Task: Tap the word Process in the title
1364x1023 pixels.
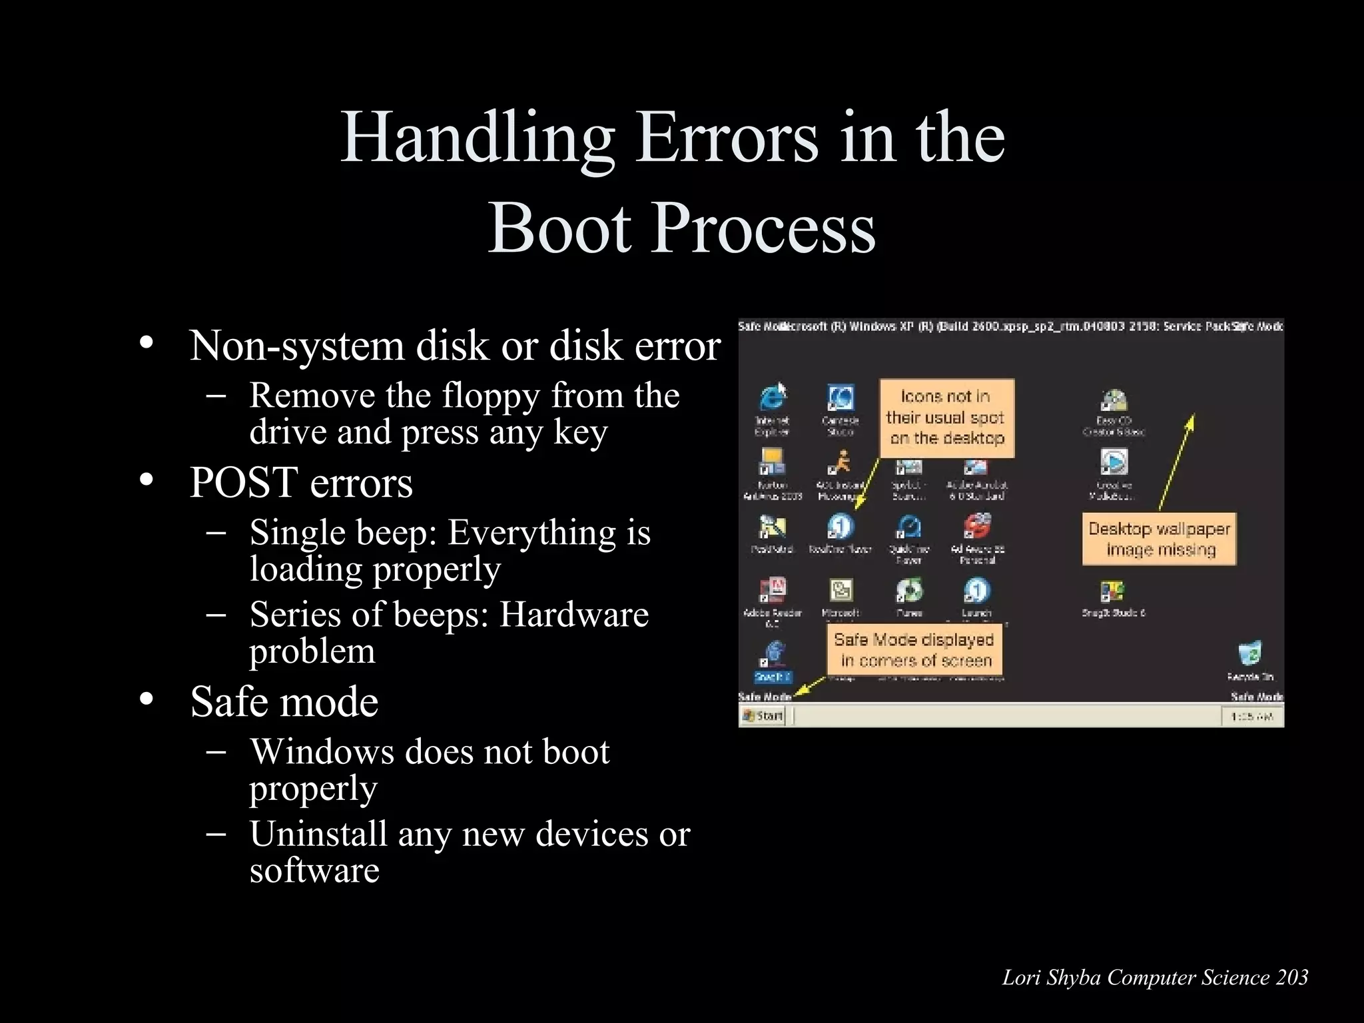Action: pos(766,228)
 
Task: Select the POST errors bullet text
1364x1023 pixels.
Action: pos(301,482)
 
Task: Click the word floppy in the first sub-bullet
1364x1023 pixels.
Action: pos(491,396)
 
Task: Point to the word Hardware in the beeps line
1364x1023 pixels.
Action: pos(573,614)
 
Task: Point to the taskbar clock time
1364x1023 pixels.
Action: pos(1252,717)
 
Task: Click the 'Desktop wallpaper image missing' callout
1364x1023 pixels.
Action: pos(1159,539)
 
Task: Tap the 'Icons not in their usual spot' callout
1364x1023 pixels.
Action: pos(946,418)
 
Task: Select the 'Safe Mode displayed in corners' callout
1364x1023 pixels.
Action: pos(914,650)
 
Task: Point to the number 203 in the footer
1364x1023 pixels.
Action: pos(1292,978)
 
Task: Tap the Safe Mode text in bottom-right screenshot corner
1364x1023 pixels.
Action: pos(1257,697)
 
